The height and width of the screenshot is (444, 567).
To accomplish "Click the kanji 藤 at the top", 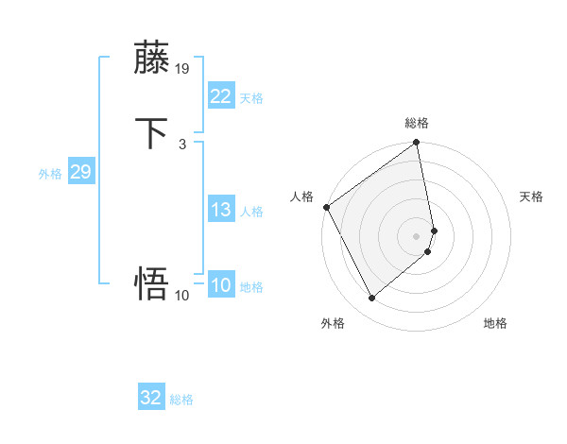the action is click(152, 59).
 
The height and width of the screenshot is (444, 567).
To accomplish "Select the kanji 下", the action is click(152, 133).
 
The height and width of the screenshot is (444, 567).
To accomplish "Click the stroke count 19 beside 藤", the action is click(182, 69).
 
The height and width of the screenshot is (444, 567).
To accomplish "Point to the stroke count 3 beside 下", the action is click(181, 144).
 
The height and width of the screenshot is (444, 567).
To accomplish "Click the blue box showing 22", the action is click(220, 96).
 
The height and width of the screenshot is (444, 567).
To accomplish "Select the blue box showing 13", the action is click(220, 210).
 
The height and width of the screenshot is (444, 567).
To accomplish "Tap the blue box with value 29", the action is click(80, 172).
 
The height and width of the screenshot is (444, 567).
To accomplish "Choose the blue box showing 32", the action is click(150, 399).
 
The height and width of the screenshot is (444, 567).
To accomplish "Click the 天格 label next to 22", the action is click(251, 98).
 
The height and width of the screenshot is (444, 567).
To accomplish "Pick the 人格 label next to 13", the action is click(251, 212).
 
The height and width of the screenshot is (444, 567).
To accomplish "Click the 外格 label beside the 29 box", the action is click(50, 174).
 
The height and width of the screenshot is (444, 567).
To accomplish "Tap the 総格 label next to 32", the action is click(181, 401).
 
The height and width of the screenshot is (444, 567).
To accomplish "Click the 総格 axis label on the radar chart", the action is click(417, 123).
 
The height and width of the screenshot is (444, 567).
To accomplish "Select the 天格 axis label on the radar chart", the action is click(532, 196).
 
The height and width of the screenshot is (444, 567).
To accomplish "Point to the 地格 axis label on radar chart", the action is click(495, 323).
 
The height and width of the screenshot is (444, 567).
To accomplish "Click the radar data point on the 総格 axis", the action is click(417, 144).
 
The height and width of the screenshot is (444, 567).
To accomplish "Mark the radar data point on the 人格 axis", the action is click(326, 207).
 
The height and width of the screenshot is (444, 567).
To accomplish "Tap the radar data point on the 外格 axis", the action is click(371, 298).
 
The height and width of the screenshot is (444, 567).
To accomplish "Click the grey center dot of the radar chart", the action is click(417, 235).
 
